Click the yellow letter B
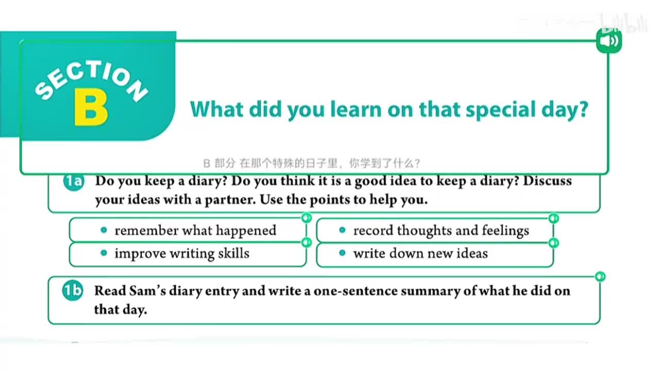click(x=91, y=108)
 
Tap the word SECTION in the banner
click(x=91, y=80)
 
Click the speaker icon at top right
click(x=609, y=41)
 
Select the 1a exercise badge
click(x=74, y=181)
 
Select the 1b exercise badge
click(x=73, y=291)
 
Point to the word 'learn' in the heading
click(x=356, y=109)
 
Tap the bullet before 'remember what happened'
click(x=104, y=230)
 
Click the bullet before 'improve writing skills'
click(x=104, y=253)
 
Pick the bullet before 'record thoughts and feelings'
click(x=342, y=230)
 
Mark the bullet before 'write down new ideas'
click(x=342, y=253)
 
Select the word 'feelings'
click(x=506, y=231)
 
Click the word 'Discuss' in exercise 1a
click(x=547, y=181)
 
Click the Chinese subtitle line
click(x=312, y=163)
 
